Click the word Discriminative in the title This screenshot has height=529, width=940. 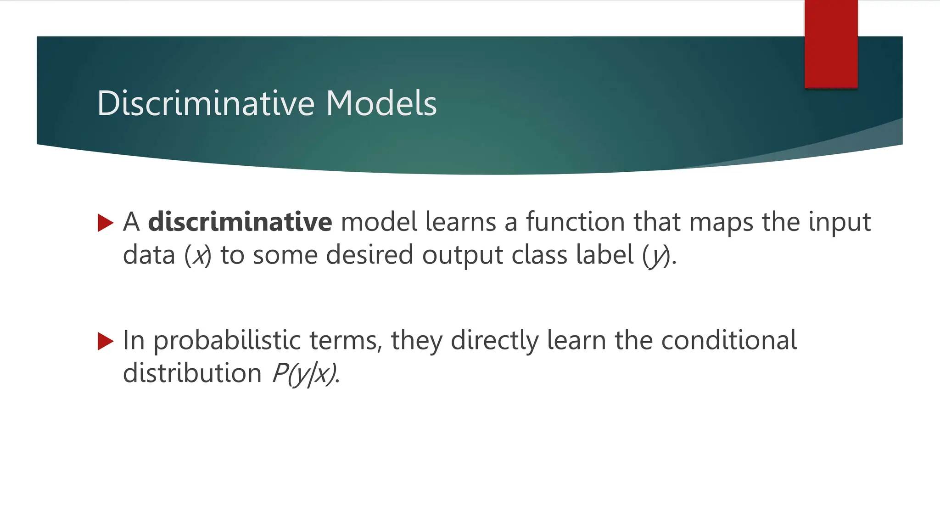tap(205, 103)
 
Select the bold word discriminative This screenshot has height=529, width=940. tap(240, 222)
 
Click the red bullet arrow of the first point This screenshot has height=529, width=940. tap(106, 223)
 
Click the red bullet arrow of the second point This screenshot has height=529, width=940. tap(106, 341)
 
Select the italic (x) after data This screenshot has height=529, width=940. tap(198, 255)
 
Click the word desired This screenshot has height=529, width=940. tap(369, 255)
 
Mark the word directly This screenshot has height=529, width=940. tap(494, 341)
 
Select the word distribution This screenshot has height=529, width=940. tap(192, 373)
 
